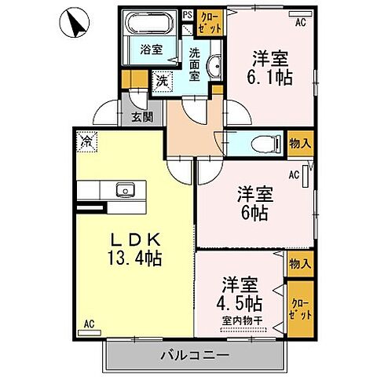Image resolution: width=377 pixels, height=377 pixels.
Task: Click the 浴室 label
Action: pos(152,49)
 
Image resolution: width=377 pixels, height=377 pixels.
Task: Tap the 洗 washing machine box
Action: pos(160,79)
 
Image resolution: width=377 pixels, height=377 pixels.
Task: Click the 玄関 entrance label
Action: pos(142,118)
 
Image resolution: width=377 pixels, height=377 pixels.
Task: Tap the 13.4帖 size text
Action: pos(136,258)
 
